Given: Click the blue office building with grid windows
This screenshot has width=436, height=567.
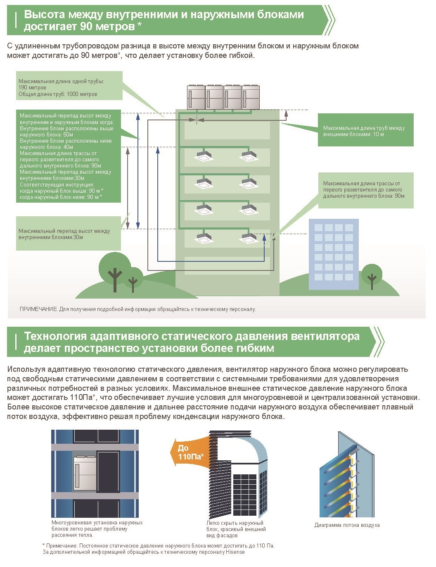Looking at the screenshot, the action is pos(334,254).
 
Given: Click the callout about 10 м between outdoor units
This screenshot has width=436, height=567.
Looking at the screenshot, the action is pos(365,130).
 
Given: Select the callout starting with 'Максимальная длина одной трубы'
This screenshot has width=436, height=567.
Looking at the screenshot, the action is pos(69,86).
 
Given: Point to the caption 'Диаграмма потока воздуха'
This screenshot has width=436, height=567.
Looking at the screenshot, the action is pos(347,525).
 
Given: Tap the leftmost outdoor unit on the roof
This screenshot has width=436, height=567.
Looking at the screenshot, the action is pos(196,97).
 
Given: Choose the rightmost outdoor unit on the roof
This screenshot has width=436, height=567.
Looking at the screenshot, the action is pos(251,97).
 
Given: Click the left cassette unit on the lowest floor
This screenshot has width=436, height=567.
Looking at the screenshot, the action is pos(204,238).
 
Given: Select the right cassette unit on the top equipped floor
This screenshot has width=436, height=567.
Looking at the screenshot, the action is pos(249,156).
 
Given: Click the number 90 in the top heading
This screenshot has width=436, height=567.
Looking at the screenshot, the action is pos(85,26).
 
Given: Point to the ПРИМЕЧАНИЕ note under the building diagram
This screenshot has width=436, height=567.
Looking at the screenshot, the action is pos(137,309).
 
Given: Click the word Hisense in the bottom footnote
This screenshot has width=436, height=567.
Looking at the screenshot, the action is pos(235,552).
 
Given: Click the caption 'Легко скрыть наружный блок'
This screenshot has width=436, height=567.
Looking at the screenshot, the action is pos(235,526).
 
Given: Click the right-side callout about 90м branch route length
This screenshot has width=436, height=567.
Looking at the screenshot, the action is pos(366,190).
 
